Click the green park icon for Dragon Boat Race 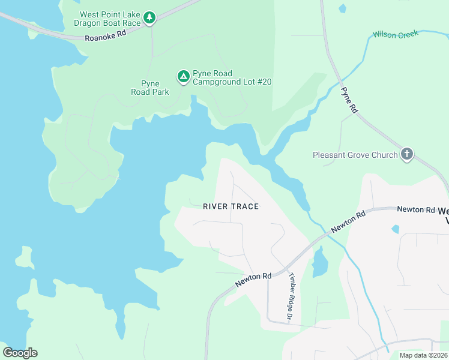click(x=149, y=18)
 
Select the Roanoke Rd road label click(x=106, y=35)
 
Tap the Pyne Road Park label click(x=150, y=88)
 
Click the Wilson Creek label click(x=395, y=34)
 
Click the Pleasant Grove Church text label click(x=355, y=155)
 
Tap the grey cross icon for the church click(x=407, y=154)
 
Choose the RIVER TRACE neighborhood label click(x=231, y=206)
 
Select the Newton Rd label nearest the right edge click(x=415, y=209)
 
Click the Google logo click(x=20, y=353)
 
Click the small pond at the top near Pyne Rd click(x=342, y=8)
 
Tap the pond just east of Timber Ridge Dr click(x=319, y=262)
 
